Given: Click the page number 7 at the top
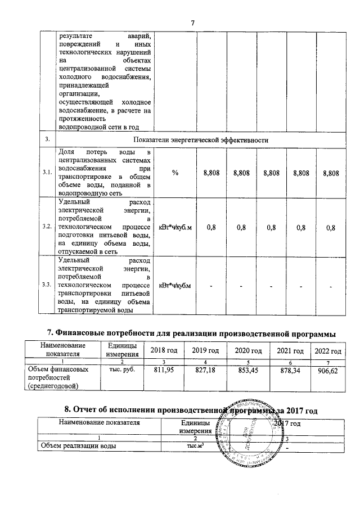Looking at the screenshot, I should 192,22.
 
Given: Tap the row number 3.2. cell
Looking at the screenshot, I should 47,227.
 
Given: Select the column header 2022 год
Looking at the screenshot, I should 328,351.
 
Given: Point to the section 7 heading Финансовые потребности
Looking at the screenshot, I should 190,334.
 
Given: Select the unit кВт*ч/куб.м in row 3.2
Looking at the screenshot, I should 175,227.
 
